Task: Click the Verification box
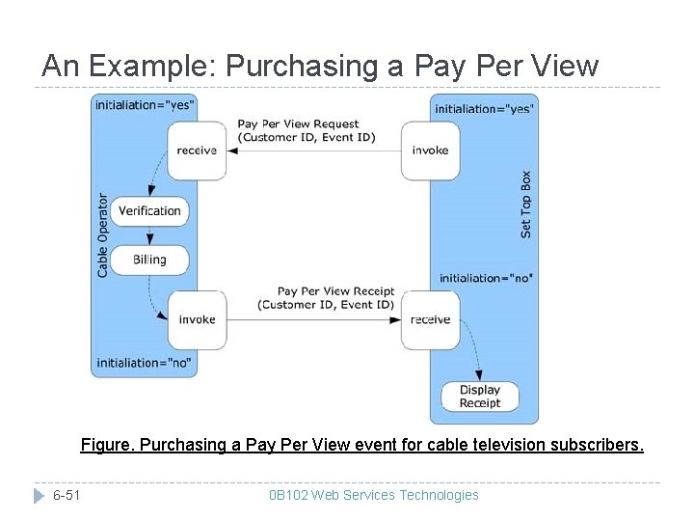point(149,210)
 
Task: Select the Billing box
point(149,259)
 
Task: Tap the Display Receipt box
point(479,397)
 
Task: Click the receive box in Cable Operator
point(198,151)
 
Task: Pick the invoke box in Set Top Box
point(430,151)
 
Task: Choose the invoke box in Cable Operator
point(198,319)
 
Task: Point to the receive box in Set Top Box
point(430,319)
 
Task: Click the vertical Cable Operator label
point(103,235)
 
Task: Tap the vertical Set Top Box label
point(525,205)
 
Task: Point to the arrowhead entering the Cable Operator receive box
point(233,151)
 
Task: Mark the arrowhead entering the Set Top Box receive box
point(396,319)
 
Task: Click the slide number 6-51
point(67,495)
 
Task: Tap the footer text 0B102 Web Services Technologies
point(373,495)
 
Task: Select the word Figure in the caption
point(107,445)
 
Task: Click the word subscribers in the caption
point(597,445)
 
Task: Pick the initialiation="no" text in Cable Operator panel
point(143,364)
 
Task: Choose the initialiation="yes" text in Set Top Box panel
point(484,109)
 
